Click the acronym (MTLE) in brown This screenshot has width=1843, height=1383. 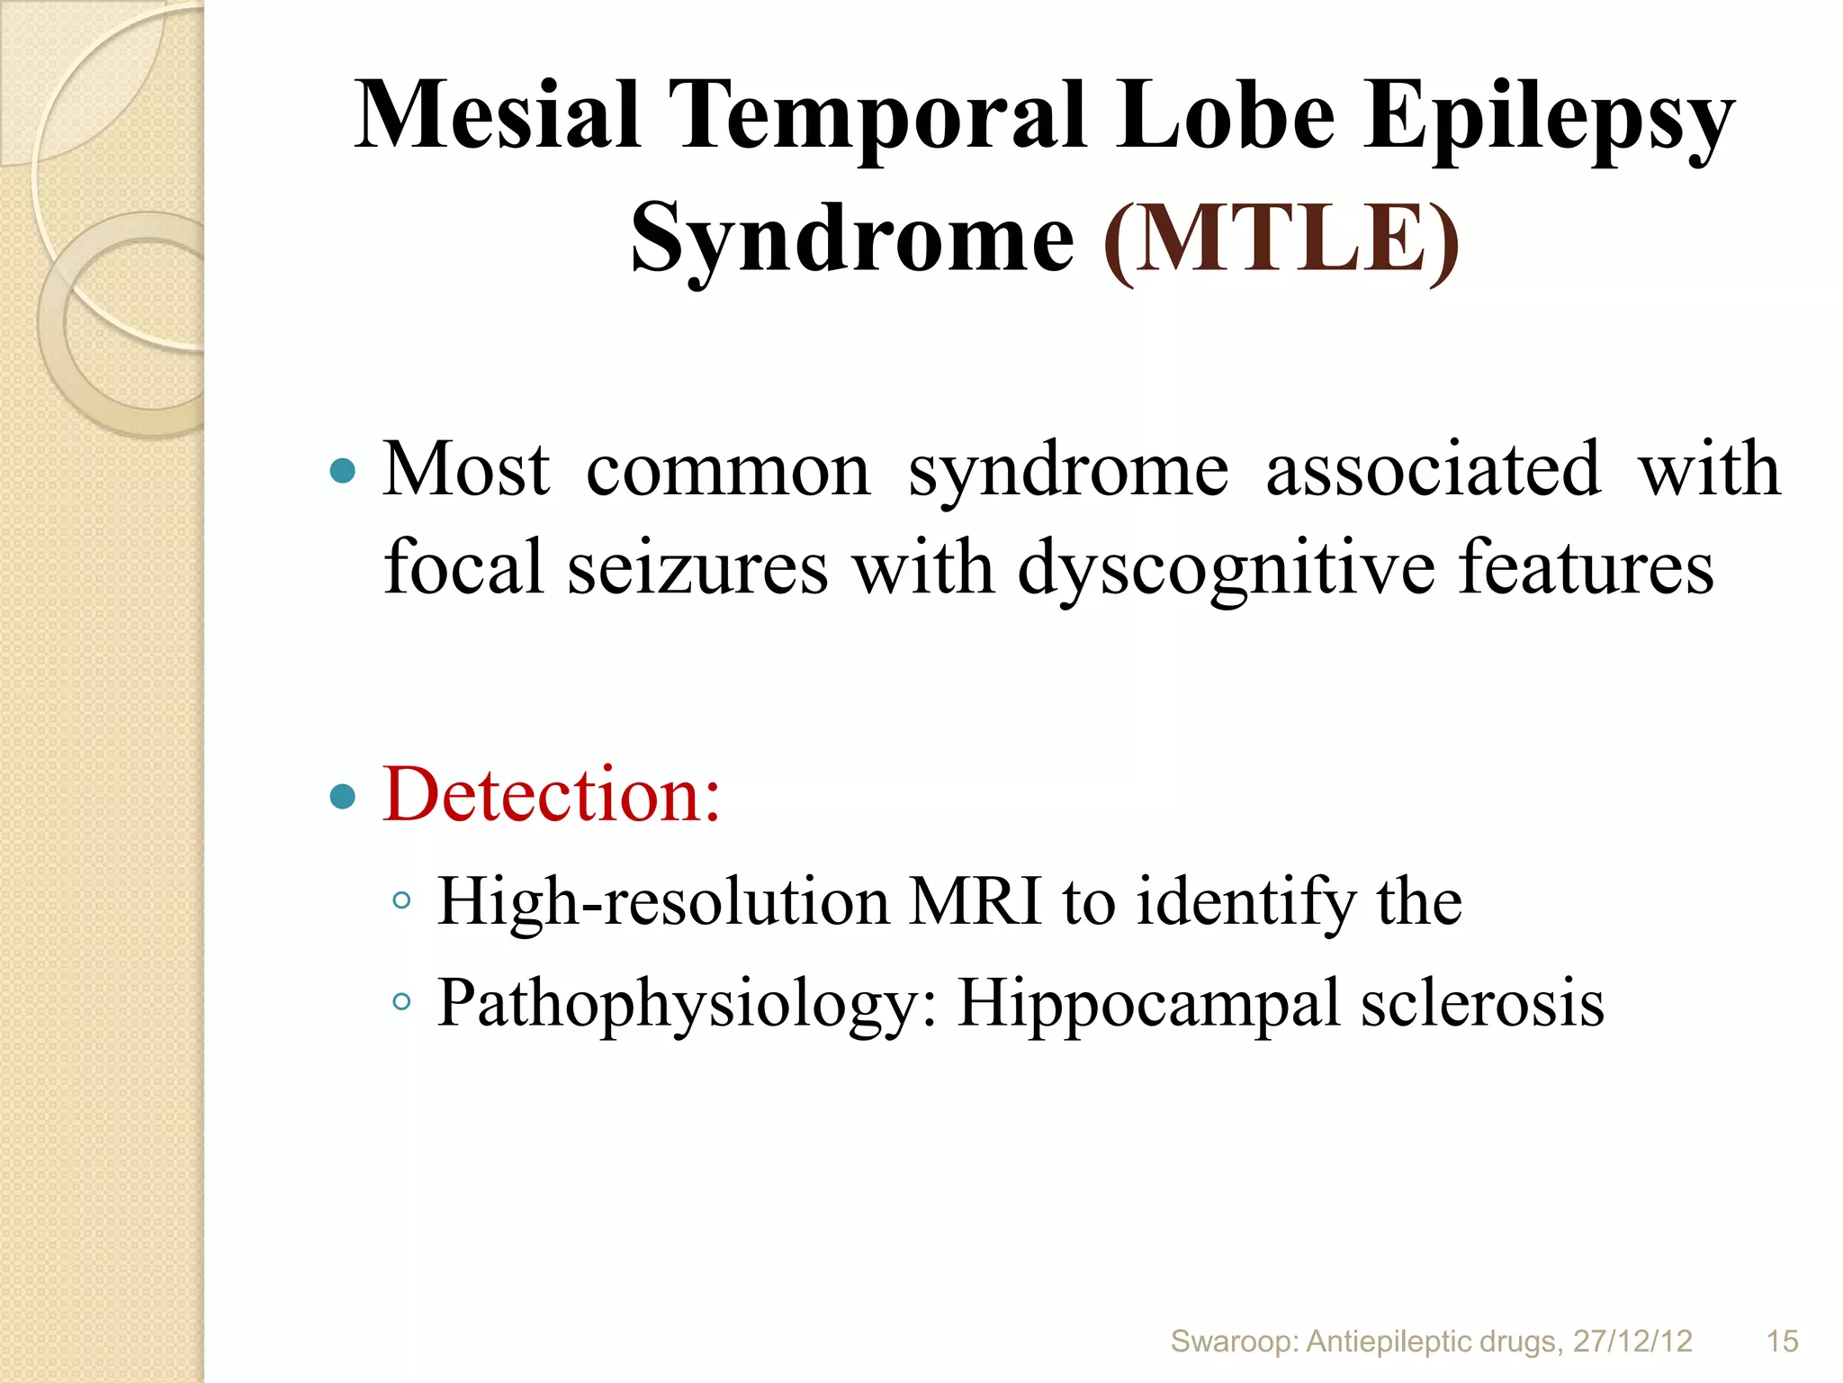(x=1281, y=239)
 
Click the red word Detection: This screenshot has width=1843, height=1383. (x=552, y=794)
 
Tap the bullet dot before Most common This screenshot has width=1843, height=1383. (x=343, y=470)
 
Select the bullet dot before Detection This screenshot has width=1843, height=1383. (x=343, y=796)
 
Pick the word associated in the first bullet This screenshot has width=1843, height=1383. (x=1433, y=470)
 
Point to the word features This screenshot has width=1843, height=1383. (x=1586, y=567)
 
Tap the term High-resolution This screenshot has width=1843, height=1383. (x=663, y=901)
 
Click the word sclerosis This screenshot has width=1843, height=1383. (x=1482, y=1002)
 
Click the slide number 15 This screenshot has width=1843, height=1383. (x=1782, y=1341)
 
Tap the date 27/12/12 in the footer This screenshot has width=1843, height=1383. (x=1632, y=1341)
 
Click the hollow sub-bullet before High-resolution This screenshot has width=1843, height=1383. (x=402, y=899)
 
